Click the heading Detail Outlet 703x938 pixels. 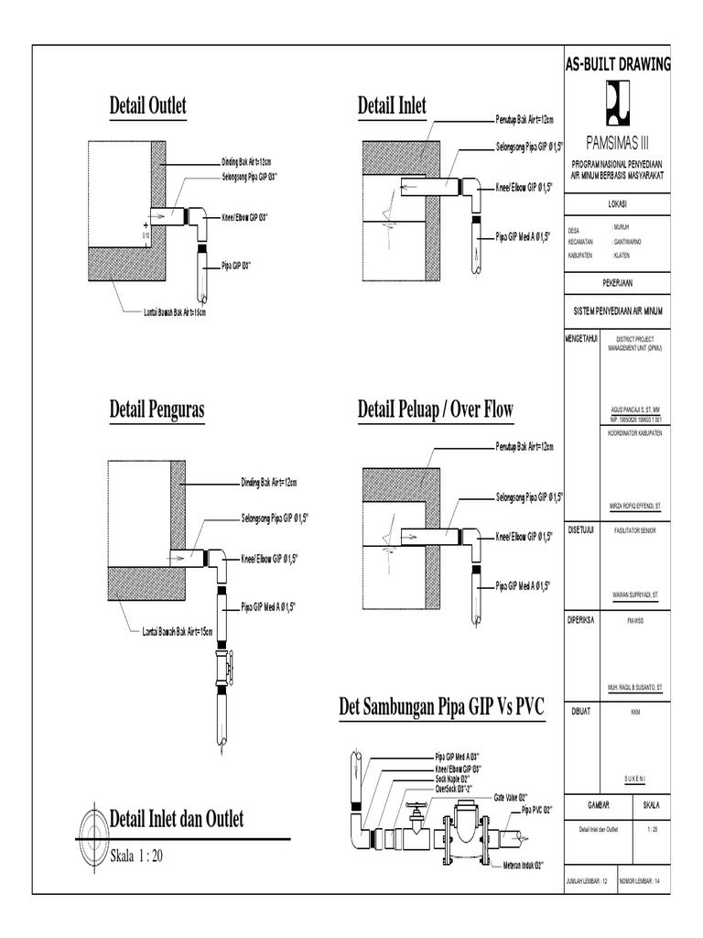point(147,106)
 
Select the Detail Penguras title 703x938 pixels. point(157,410)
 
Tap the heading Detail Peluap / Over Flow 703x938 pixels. point(435,410)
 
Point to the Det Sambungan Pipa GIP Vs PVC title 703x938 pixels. point(441,707)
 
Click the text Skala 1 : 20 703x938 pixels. point(137,857)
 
